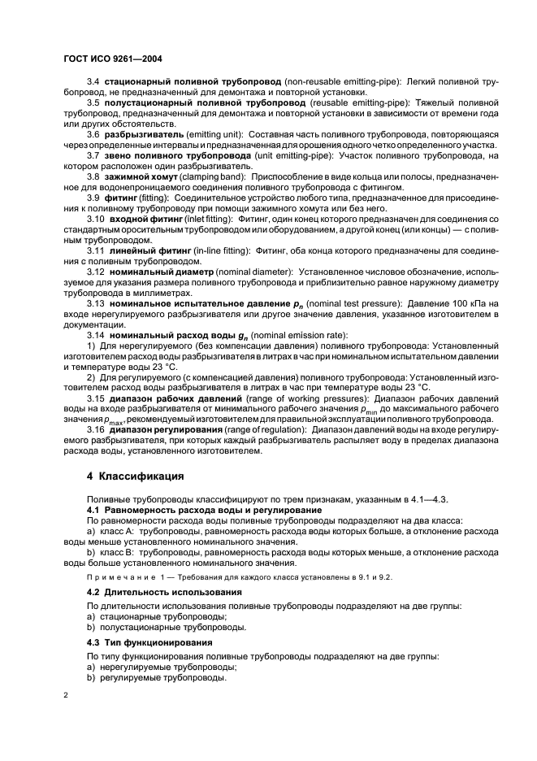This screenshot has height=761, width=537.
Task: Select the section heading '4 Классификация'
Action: [x=136, y=476]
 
